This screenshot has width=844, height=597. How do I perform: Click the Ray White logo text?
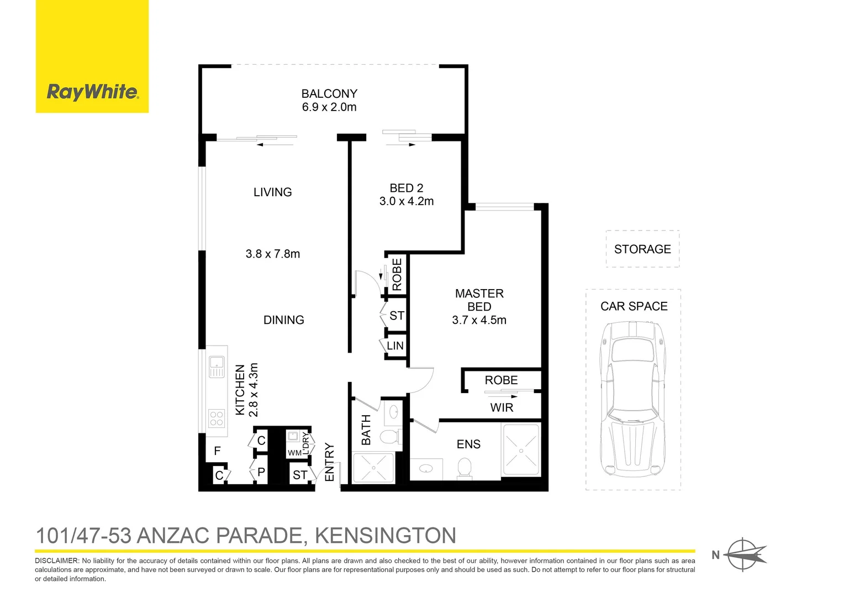[92, 92]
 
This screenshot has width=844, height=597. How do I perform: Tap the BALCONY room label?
[329, 94]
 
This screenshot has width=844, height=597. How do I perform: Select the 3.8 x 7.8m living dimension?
[273, 254]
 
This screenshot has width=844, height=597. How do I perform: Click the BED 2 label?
[406, 188]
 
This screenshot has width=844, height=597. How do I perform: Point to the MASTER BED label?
[479, 300]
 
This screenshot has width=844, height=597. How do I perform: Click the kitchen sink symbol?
[217, 366]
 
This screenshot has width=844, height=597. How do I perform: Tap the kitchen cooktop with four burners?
[217, 418]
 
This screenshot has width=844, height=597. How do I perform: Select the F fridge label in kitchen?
[217, 451]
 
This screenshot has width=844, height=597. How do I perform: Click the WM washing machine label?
[294, 453]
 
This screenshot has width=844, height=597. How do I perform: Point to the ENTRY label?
[329, 462]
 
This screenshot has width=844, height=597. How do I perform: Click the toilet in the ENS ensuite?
[465, 469]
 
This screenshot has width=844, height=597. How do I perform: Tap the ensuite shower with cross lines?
[521, 449]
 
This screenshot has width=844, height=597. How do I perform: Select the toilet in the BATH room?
[389, 436]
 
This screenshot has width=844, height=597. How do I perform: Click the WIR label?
[502, 408]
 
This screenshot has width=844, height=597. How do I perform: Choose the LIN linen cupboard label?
[395, 346]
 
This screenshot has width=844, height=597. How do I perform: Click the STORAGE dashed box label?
[642, 249]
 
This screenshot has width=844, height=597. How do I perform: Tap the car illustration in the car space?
[633, 398]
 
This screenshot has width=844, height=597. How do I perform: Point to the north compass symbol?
[743, 554]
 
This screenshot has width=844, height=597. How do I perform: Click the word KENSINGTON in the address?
[385, 536]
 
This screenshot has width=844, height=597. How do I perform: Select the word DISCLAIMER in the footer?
[56, 561]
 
